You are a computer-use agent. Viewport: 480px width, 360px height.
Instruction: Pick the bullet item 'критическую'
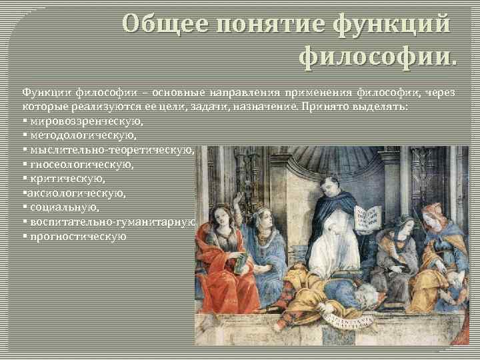click(x=67, y=179)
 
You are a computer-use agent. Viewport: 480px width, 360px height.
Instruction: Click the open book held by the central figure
click(x=366, y=219)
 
